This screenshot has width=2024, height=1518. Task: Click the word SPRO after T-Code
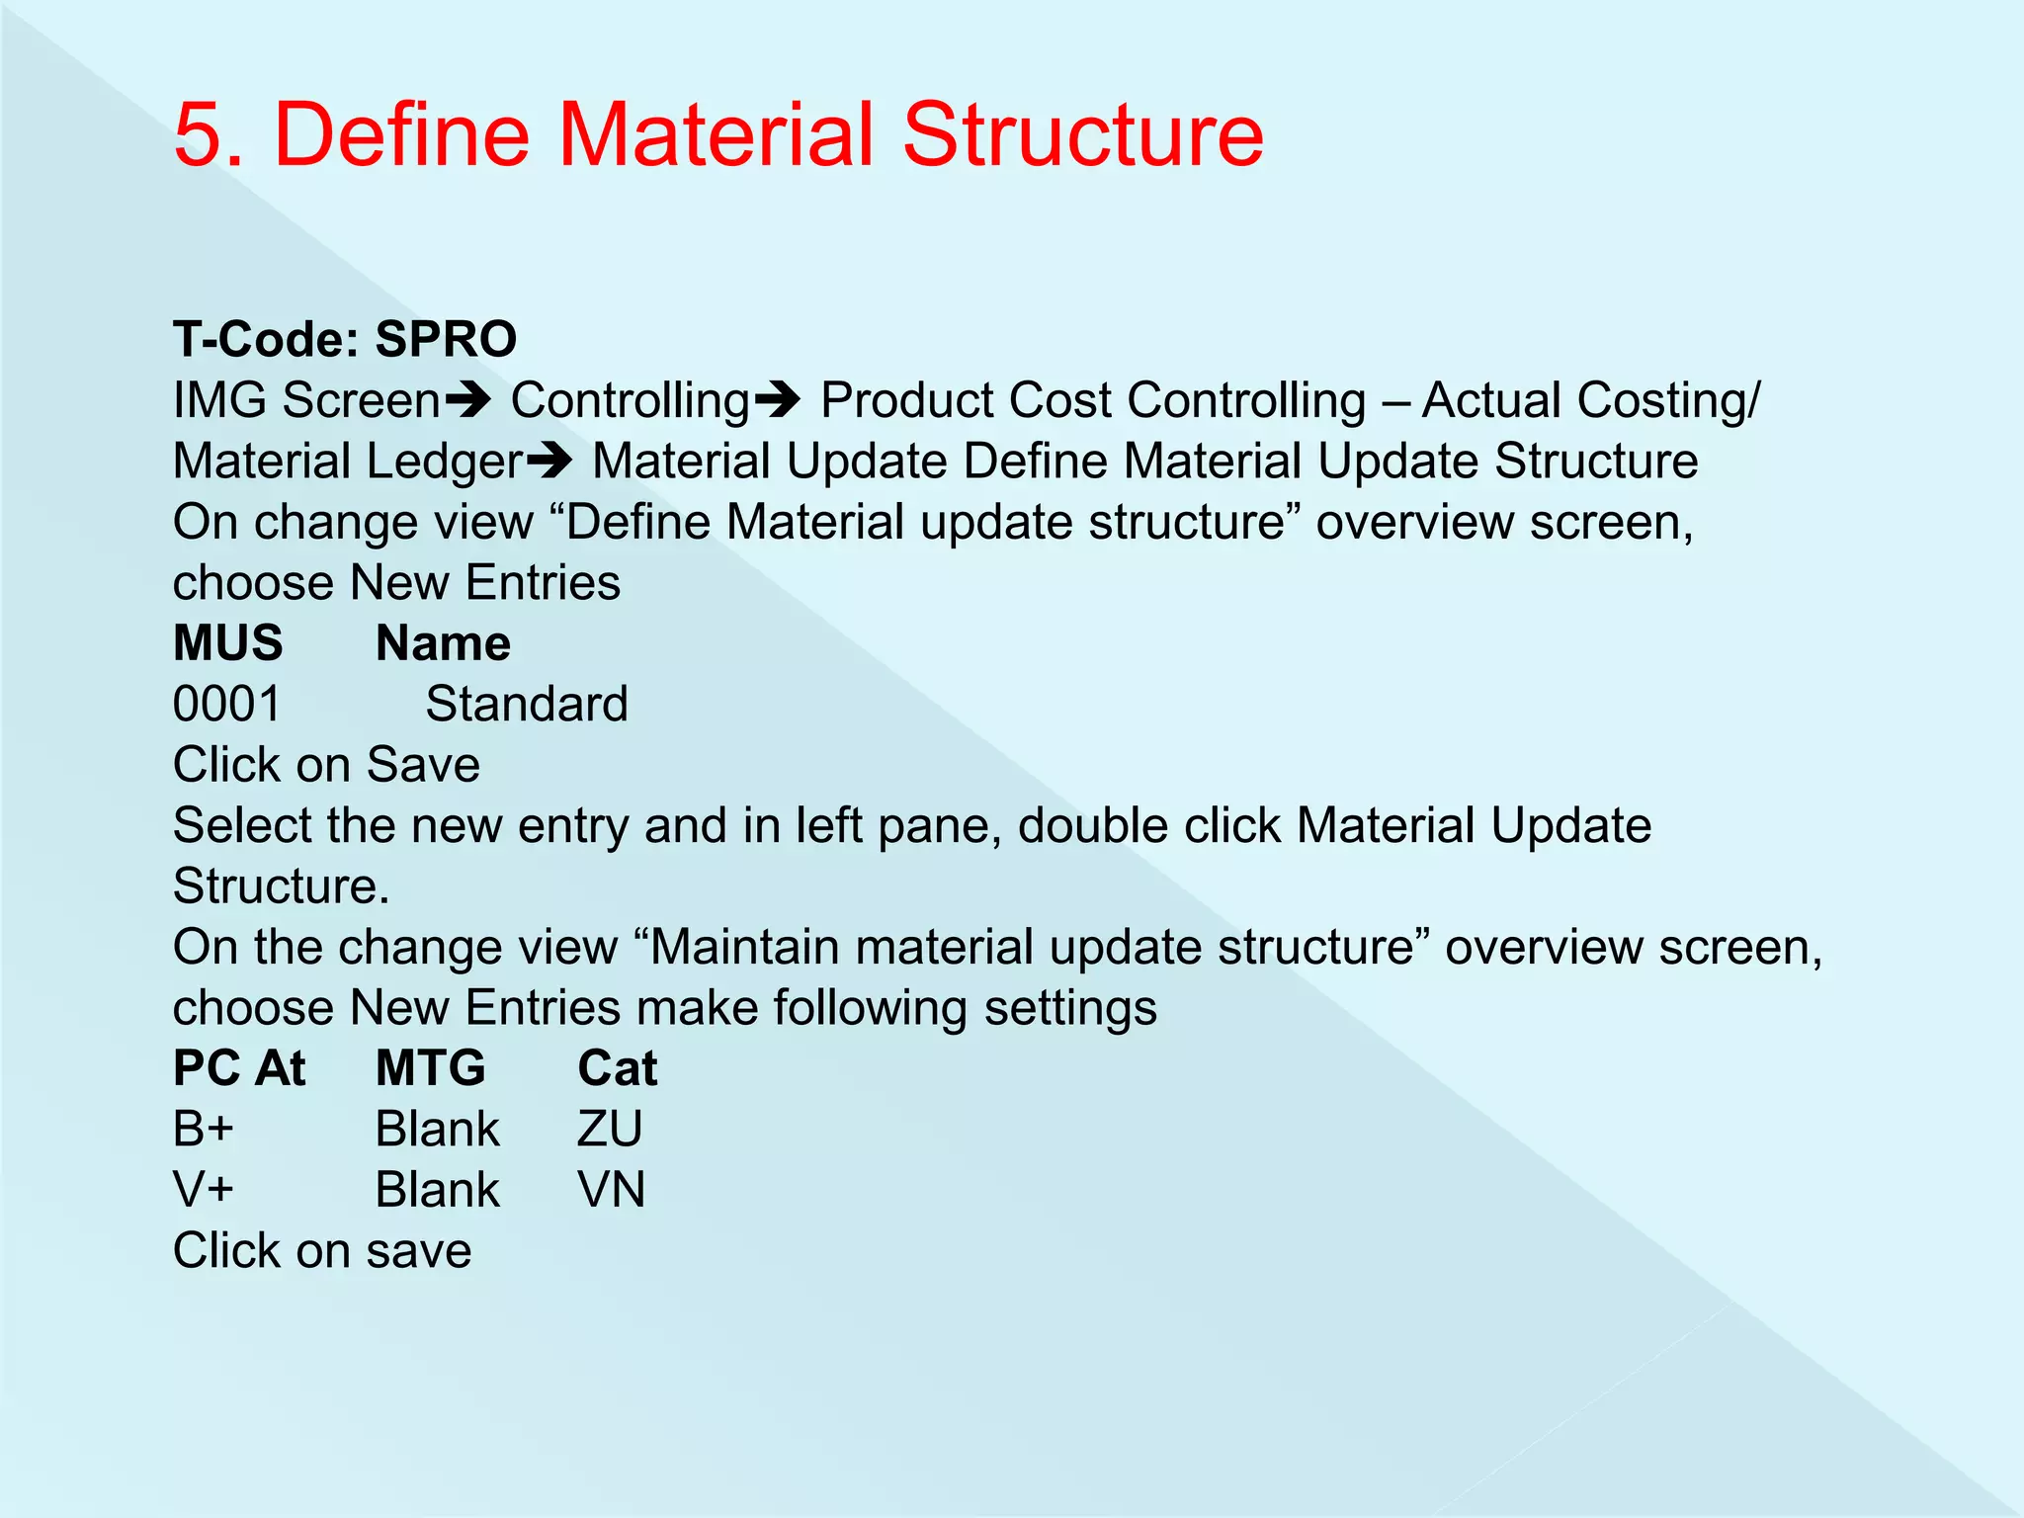tap(446, 339)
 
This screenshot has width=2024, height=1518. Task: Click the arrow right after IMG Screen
tap(467, 400)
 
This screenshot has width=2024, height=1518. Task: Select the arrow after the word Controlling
tap(777, 400)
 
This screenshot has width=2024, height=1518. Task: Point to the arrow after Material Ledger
tap(549, 461)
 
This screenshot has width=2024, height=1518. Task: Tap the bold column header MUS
tap(227, 643)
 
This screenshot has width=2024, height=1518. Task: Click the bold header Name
tap(443, 643)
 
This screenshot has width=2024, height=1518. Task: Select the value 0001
tap(227, 705)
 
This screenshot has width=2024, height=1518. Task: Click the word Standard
tap(527, 705)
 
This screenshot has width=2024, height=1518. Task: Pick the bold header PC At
tap(239, 1068)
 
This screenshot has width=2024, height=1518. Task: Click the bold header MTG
tap(431, 1068)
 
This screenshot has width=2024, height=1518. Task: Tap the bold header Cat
tap(617, 1068)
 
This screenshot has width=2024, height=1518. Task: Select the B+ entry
tap(204, 1129)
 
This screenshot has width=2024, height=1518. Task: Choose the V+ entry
tap(204, 1190)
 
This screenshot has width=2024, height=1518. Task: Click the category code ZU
tap(610, 1129)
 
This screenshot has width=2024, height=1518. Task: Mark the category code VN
tap(611, 1190)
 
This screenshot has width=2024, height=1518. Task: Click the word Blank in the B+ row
tap(438, 1129)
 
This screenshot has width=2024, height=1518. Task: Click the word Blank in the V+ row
tap(438, 1190)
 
